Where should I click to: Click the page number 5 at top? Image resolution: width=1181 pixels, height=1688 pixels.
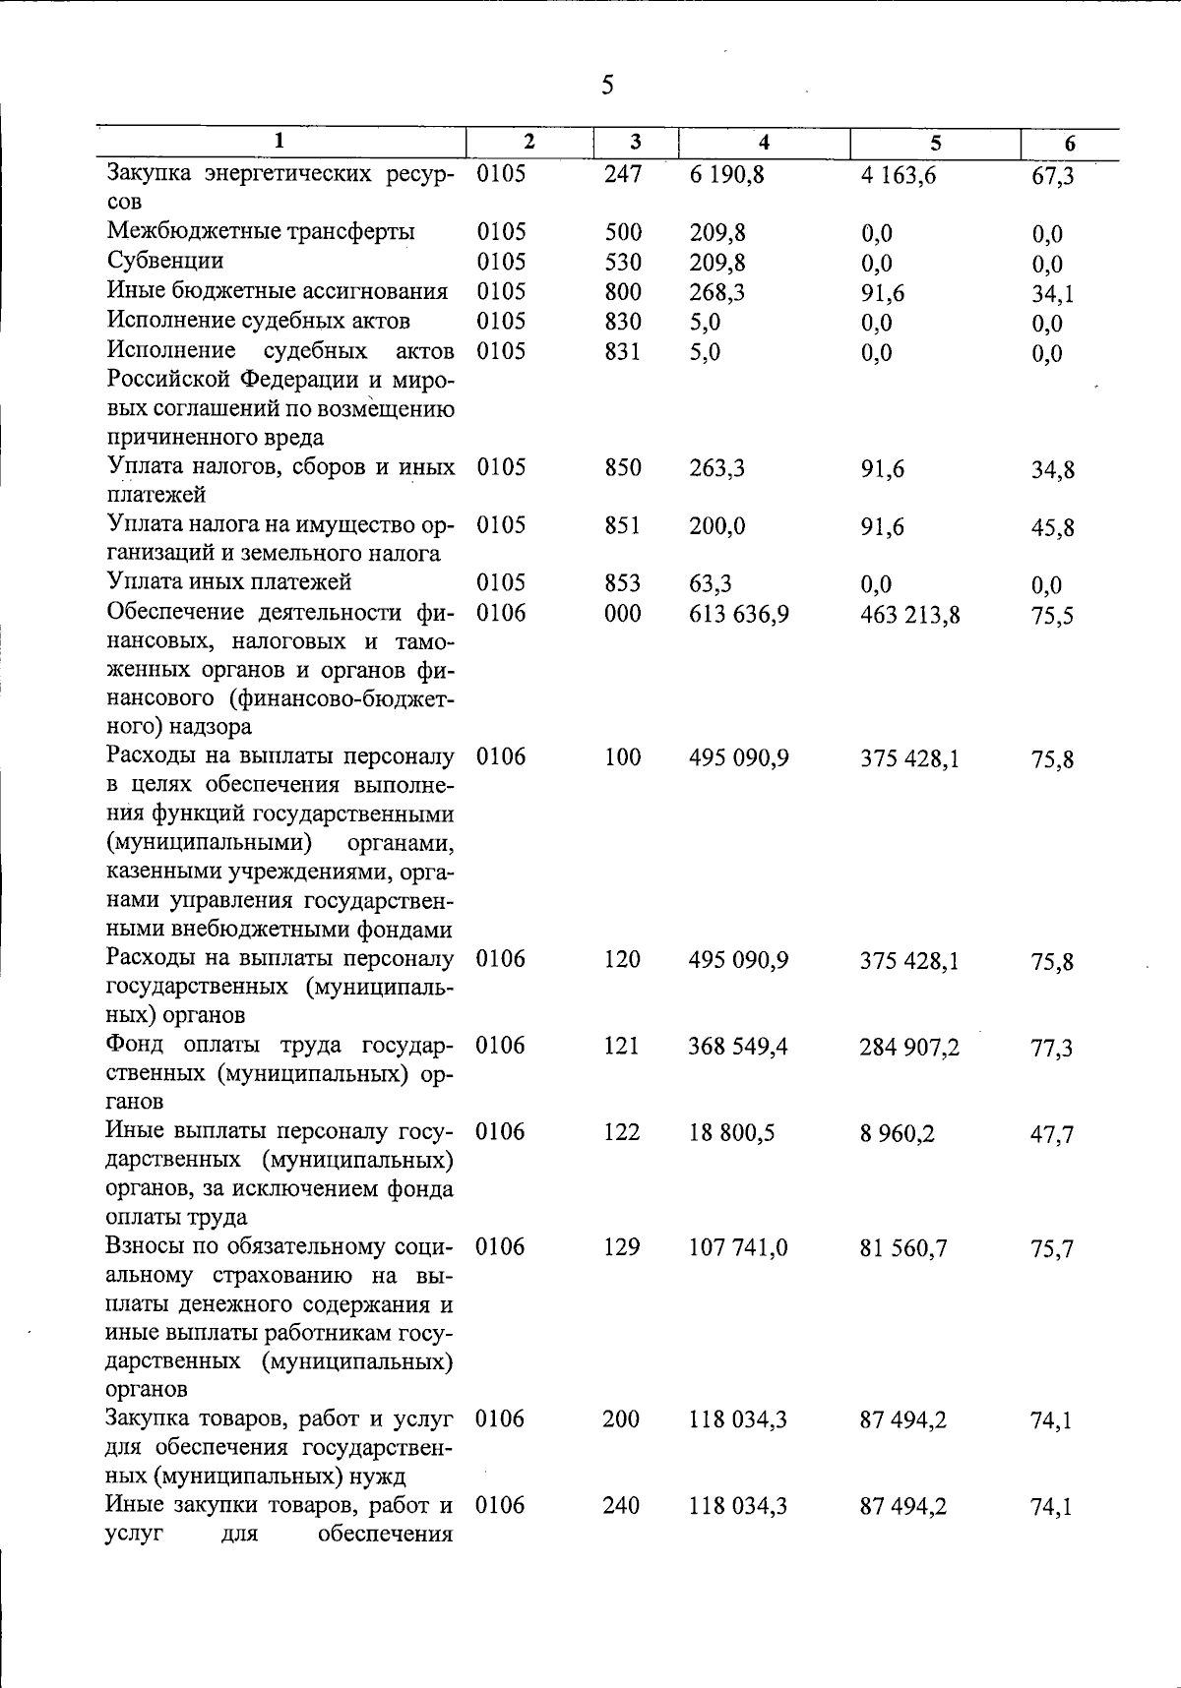coord(607,87)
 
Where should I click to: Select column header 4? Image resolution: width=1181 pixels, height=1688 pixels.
coord(764,143)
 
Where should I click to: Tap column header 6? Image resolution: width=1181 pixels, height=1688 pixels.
coord(1070,144)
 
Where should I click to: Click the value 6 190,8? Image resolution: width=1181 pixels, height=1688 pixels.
coord(726,175)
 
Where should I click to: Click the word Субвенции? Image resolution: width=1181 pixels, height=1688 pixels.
coord(165,261)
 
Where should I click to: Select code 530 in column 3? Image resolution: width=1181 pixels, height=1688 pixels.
coord(623,263)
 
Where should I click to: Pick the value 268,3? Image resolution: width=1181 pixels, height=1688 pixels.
coord(717,292)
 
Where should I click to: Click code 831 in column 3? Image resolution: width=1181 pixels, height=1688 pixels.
coord(623,351)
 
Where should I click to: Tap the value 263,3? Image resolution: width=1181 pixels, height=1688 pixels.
coord(717,468)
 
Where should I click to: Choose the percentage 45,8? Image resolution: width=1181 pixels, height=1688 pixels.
coord(1052,528)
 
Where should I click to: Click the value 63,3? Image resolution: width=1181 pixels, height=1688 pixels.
coord(711,584)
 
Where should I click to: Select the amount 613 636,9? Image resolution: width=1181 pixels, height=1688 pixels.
coord(738,615)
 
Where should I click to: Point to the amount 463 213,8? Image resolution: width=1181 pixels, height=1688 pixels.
coord(909,616)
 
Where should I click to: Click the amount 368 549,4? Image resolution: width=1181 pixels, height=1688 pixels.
coord(737,1047)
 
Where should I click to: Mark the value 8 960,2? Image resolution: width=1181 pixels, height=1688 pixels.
coord(897,1134)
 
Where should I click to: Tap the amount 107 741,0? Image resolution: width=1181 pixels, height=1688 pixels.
coord(737,1248)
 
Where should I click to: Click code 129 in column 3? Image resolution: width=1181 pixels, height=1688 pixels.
coord(622,1247)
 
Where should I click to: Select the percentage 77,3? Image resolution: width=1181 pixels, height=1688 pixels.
coord(1051,1049)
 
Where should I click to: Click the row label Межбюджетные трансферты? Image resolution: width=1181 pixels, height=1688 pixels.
coord(261,232)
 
